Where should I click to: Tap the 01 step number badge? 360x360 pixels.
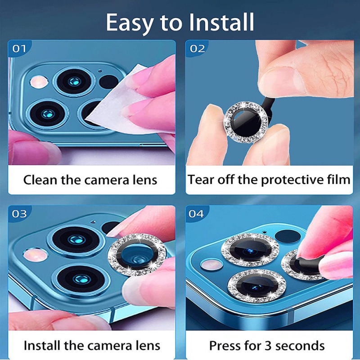(19, 49)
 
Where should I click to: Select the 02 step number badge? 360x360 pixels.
(197, 49)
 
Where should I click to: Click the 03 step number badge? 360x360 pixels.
(19, 214)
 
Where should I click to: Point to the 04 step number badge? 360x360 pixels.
(197, 214)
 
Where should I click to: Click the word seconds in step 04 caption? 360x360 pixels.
(301, 346)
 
